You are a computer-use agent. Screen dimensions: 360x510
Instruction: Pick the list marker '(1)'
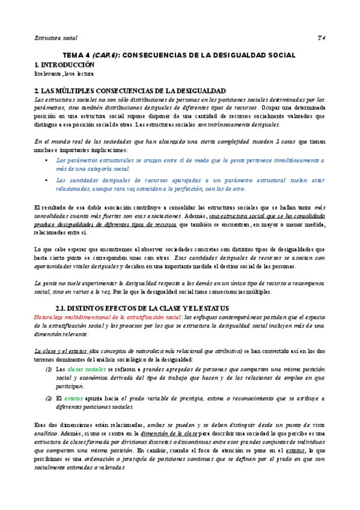(x=49, y=369)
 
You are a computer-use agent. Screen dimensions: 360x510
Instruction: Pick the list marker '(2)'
(x=49, y=398)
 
